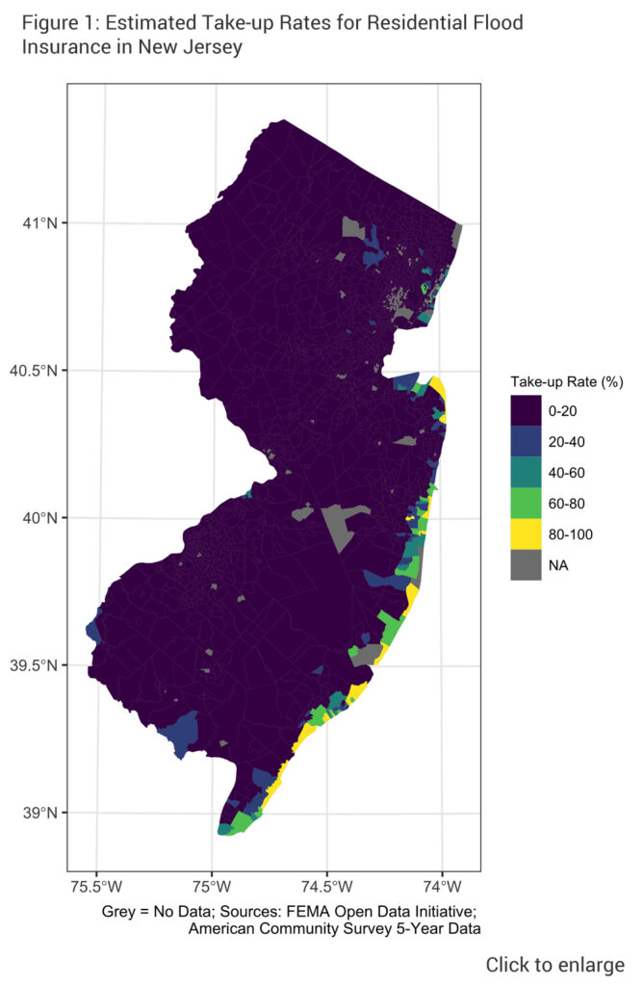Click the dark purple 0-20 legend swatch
point(526,411)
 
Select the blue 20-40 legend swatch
point(526,442)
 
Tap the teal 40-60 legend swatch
point(526,473)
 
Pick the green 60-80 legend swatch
point(526,504)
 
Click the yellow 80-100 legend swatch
point(526,534)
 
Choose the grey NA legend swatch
point(526,565)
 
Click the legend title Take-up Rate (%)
point(566,382)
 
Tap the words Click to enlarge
point(554,965)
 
